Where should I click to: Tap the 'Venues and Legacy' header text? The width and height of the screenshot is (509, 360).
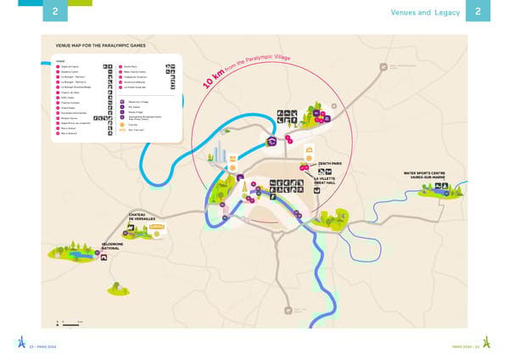pyautogui.click(x=425, y=12)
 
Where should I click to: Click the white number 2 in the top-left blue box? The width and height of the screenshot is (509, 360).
pyautogui.click(x=55, y=12)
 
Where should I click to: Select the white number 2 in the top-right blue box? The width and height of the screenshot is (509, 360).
pyautogui.click(x=478, y=12)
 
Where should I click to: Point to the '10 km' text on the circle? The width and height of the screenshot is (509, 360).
pyautogui.click(x=215, y=80)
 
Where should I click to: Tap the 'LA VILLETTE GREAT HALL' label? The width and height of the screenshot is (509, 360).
pyautogui.click(x=323, y=181)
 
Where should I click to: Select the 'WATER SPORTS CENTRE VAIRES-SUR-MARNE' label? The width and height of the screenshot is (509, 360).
pyautogui.click(x=424, y=176)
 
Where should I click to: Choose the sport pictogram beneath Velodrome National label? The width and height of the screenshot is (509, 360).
pyautogui.click(x=104, y=256)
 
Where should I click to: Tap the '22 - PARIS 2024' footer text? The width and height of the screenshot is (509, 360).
pyautogui.click(x=43, y=346)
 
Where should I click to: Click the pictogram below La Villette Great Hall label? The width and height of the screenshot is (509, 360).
pyautogui.click(x=316, y=191)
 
